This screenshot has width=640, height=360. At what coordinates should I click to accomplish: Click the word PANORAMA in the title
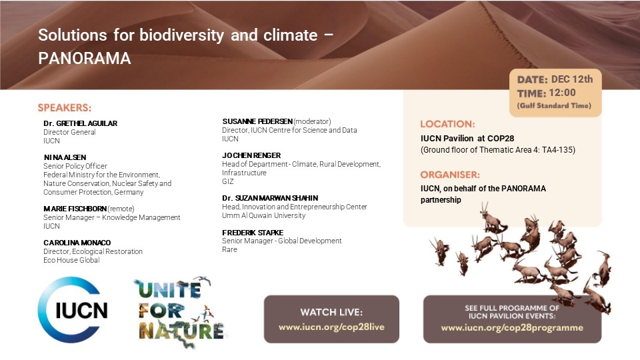85,59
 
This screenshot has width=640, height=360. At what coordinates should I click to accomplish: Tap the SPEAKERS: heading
65,107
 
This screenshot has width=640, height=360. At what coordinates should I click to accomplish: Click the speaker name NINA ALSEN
65,157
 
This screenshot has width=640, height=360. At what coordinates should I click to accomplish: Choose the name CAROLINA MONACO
77,243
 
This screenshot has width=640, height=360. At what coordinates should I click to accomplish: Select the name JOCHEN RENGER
251,155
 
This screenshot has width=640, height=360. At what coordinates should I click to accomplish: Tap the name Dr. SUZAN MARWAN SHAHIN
270,198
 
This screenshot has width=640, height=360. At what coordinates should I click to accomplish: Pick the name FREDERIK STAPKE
253,232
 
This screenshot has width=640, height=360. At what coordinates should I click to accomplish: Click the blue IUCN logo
73,310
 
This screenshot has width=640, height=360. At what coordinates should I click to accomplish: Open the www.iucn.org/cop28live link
331,327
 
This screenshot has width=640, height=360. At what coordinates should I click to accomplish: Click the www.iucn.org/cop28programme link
512,327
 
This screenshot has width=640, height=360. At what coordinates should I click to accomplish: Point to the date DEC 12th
572,79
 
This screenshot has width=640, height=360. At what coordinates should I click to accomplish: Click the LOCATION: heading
447,124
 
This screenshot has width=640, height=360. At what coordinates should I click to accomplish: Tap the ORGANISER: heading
450,175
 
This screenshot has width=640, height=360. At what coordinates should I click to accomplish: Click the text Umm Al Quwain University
264,215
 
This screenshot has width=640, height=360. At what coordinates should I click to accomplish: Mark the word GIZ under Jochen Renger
228,181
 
